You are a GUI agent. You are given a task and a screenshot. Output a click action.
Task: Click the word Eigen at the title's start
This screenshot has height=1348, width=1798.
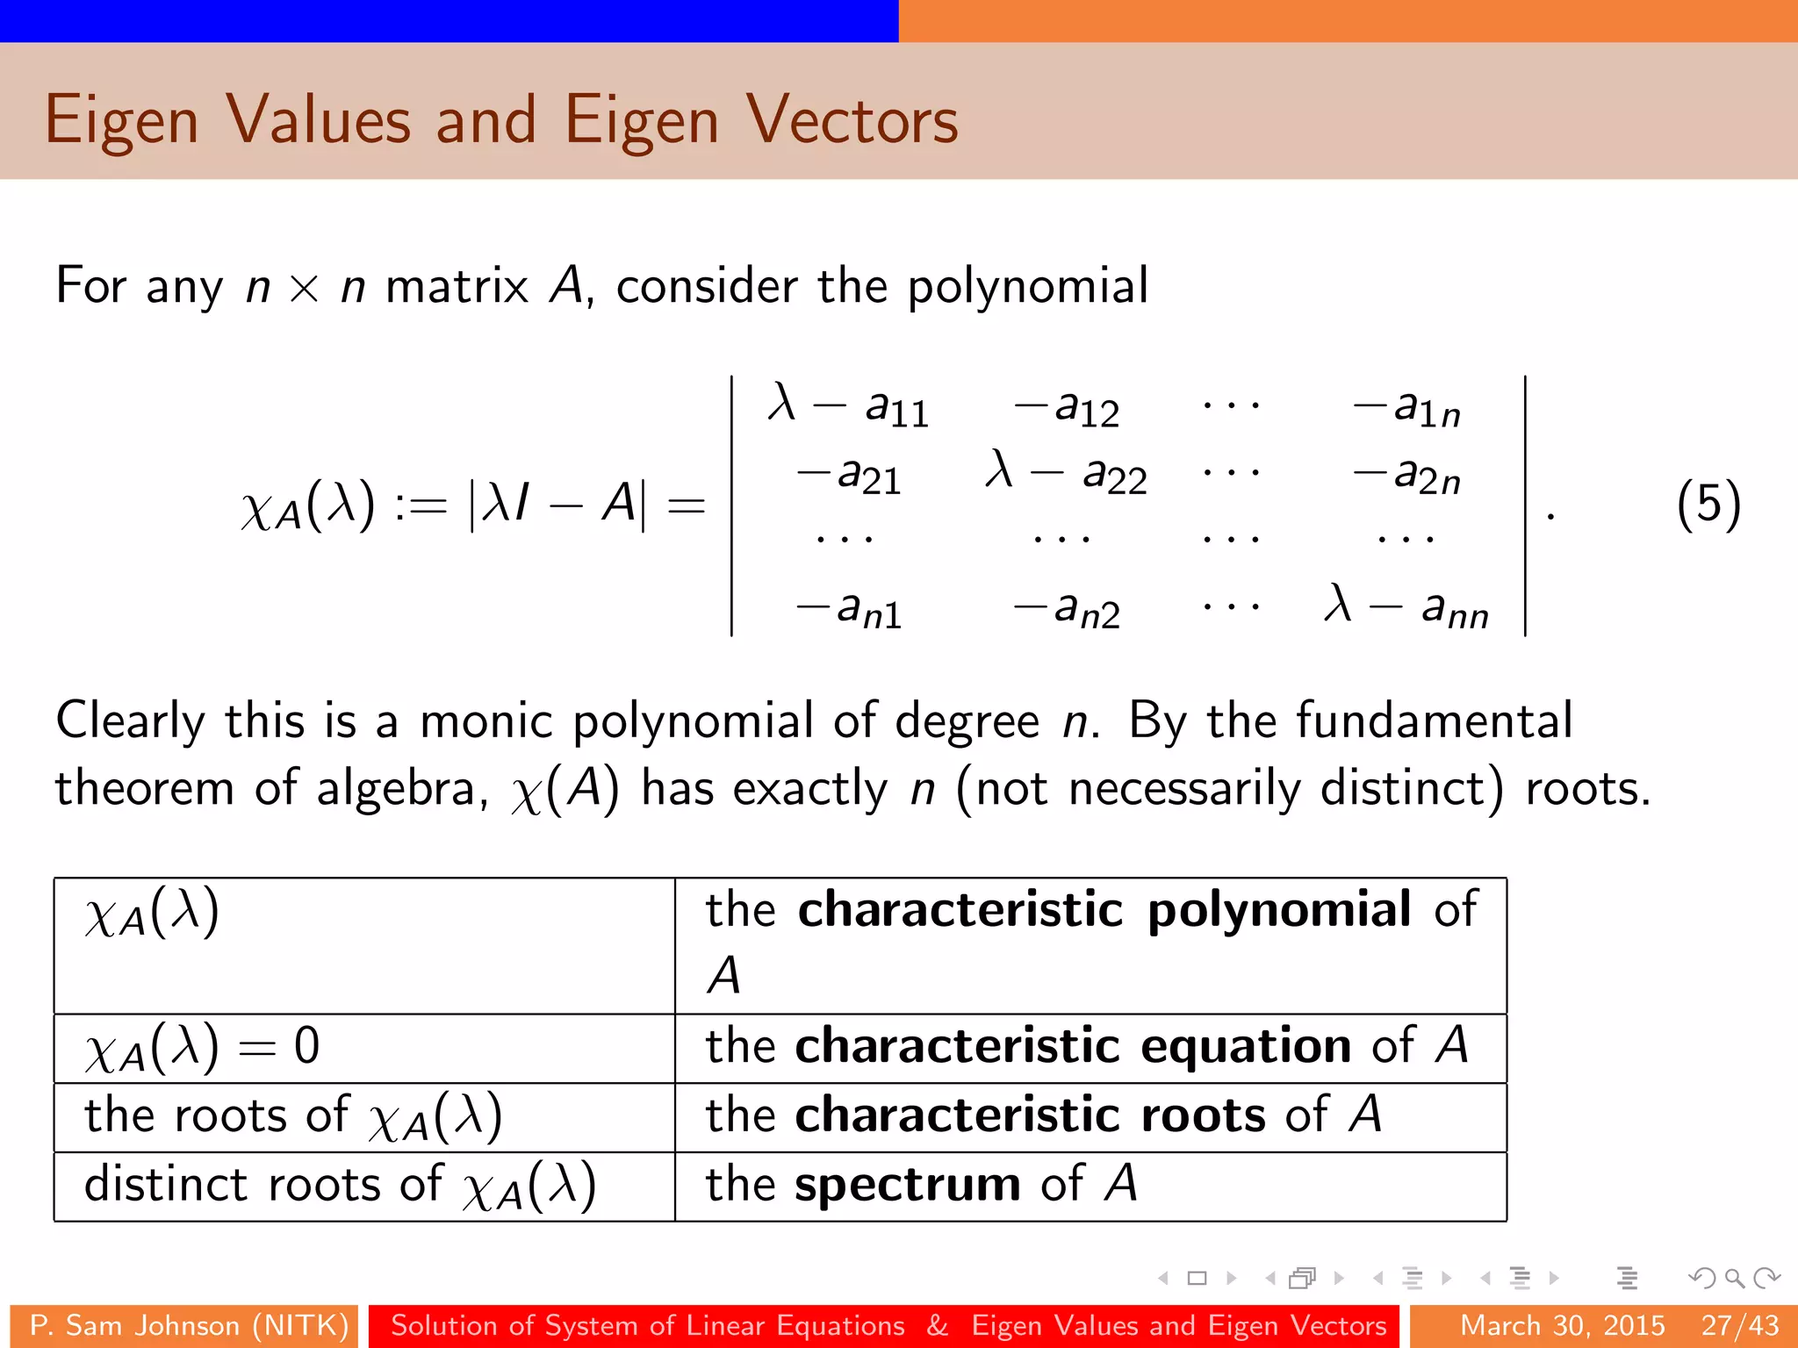pyautogui.click(x=121, y=121)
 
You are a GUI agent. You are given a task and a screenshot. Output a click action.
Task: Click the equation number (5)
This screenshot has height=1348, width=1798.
pyautogui.click(x=1708, y=505)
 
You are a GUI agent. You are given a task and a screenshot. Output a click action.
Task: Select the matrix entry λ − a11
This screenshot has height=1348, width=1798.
pyautogui.click(x=848, y=406)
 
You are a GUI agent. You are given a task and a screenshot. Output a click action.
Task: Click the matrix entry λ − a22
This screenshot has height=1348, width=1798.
pyautogui.click(x=1066, y=473)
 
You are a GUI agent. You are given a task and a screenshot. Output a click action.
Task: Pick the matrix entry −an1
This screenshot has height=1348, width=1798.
pyautogui.click(x=848, y=608)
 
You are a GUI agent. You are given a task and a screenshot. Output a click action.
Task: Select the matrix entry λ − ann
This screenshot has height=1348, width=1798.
pyautogui.click(x=1406, y=606)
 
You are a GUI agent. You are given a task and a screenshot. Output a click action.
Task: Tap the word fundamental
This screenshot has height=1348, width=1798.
pyautogui.click(x=1434, y=721)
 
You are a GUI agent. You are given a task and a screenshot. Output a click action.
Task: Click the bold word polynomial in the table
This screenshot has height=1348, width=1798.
pyautogui.click(x=1279, y=909)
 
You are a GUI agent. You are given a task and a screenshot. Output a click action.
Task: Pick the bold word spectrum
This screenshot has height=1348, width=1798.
pyautogui.click(x=907, y=1185)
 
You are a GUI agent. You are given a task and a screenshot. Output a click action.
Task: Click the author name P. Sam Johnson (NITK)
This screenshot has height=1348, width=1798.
pyautogui.click(x=189, y=1325)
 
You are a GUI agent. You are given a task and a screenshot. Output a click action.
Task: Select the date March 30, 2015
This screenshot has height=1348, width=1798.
pyautogui.click(x=1562, y=1325)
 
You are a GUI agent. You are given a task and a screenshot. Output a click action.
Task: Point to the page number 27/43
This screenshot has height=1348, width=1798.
pyautogui.click(x=1739, y=1325)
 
